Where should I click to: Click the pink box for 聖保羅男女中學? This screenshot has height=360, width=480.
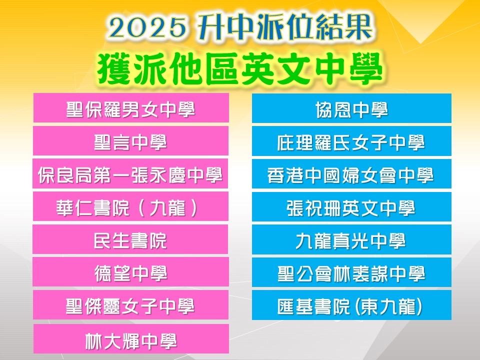click(x=131, y=108)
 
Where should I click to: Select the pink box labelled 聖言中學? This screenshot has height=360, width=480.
click(x=130, y=141)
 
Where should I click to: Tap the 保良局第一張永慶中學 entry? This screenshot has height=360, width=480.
click(x=130, y=173)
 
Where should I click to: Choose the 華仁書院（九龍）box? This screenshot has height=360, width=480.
click(x=130, y=206)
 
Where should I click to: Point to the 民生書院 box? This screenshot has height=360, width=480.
click(x=130, y=239)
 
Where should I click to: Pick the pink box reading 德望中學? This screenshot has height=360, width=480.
click(x=130, y=272)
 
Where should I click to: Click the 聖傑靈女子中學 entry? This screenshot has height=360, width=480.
click(x=130, y=305)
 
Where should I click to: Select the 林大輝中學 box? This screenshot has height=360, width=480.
click(x=131, y=339)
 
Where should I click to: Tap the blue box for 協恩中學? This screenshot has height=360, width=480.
click(x=351, y=108)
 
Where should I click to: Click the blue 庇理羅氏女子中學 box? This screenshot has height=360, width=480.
click(x=351, y=141)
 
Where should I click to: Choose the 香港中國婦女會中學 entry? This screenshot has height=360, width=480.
click(x=351, y=174)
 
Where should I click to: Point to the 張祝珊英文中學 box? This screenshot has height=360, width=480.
click(x=351, y=207)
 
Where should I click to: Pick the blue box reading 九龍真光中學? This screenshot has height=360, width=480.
click(x=351, y=239)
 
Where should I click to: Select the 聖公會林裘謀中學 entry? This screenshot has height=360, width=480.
click(x=351, y=272)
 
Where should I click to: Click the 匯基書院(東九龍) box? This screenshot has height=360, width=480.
click(x=351, y=305)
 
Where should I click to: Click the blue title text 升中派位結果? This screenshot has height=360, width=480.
click(x=285, y=27)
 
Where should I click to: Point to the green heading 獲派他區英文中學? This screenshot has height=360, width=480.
click(x=240, y=68)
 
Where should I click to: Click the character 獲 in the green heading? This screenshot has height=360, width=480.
click(x=114, y=68)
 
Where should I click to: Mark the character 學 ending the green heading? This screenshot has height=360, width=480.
click(x=366, y=68)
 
